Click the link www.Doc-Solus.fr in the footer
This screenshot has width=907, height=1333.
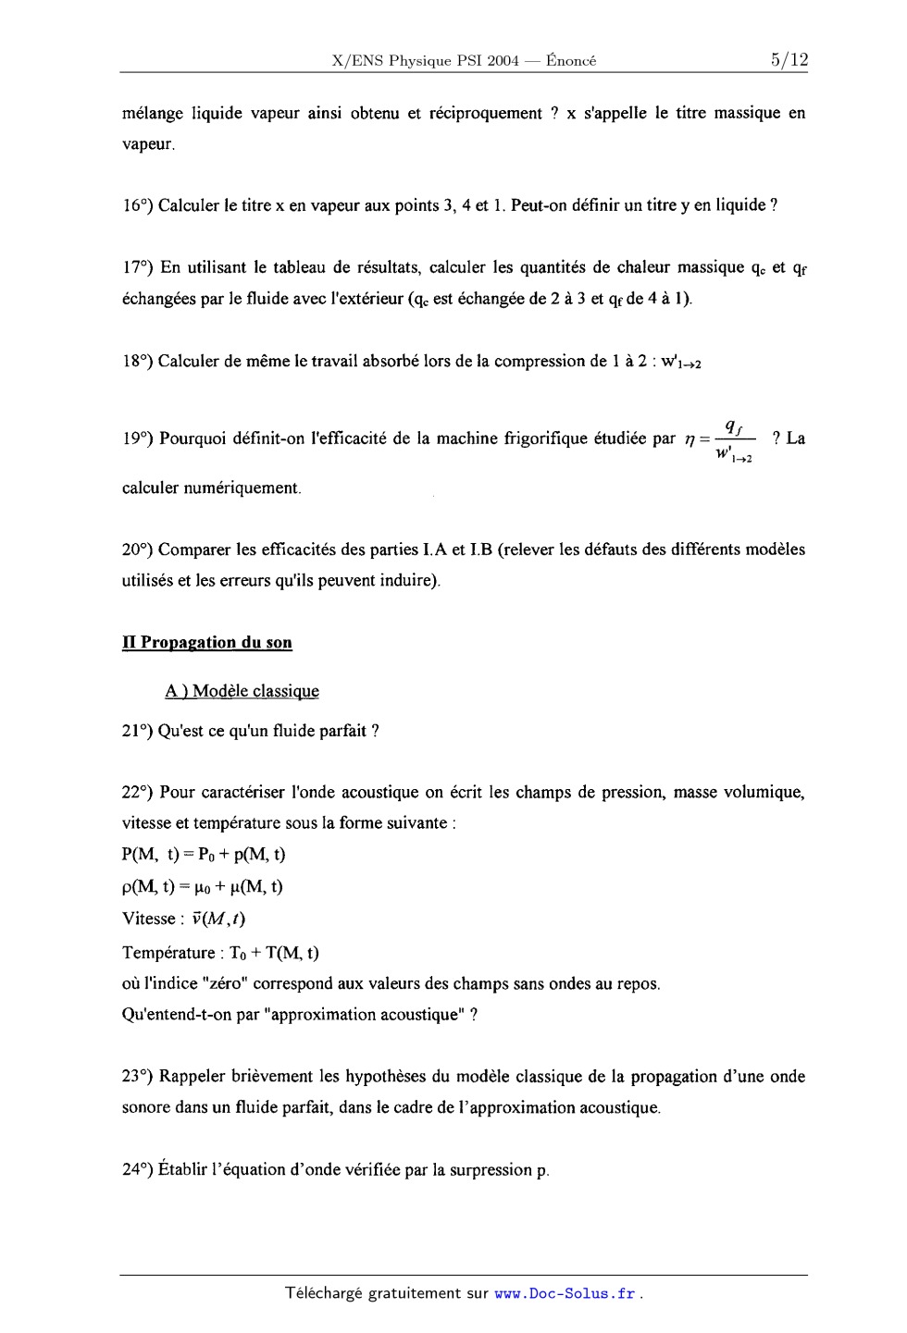click(x=565, y=1293)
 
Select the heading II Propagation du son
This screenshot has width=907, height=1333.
click(x=207, y=643)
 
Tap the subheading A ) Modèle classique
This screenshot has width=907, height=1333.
click(x=242, y=691)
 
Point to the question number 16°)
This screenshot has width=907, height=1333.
click(x=137, y=205)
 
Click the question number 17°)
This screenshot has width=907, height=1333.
click(x=137, y=267)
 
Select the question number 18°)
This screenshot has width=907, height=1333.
click(x=137, y=361)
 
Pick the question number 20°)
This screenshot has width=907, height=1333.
click(x=137, y=549)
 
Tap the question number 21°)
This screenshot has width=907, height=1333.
click(x=137, y=731)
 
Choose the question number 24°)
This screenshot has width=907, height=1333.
click(x=137, y=1169)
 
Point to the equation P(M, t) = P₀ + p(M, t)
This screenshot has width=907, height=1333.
click(x=204, y=854)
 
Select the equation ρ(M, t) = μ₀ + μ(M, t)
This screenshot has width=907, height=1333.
click(x=203, y=886)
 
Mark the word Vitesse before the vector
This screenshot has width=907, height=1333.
click(x=148, y=919)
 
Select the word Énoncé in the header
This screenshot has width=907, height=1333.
click(x=571, y=62)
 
